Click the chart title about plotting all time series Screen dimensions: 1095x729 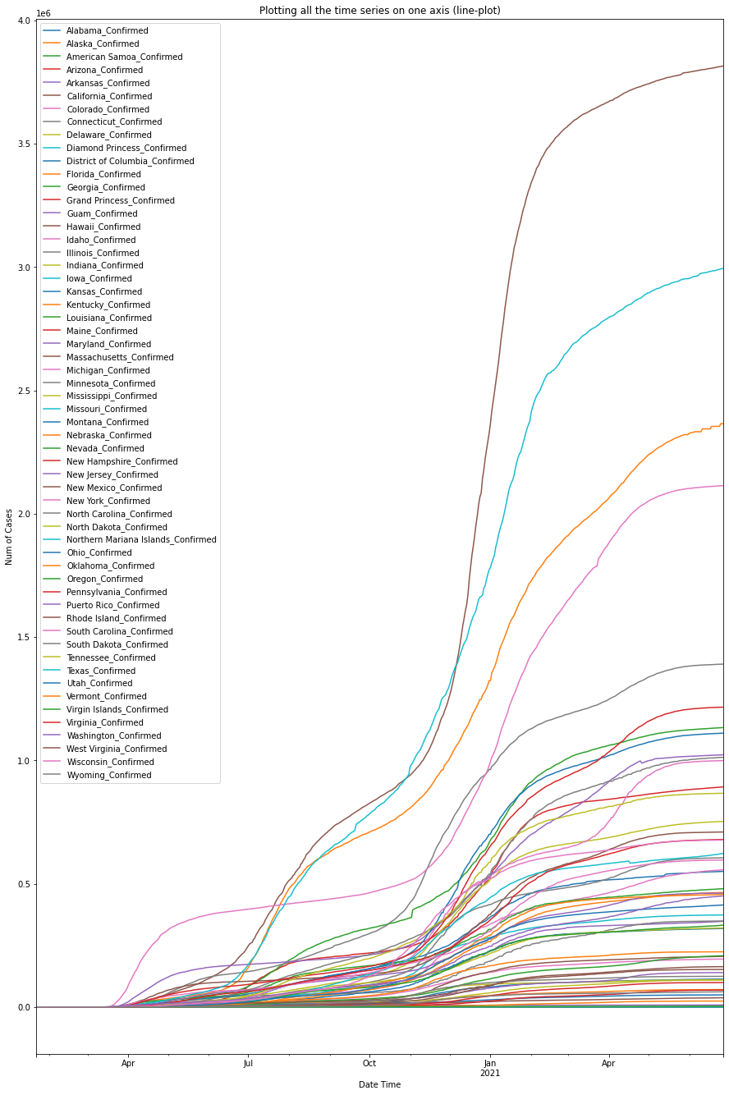coord(380,11)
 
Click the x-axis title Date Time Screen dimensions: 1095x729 coord(380,1084)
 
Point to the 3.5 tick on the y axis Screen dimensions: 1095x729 coord(22,144)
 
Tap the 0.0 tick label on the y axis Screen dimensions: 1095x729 coord(22,1007)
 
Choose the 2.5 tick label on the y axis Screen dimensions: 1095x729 coord(22,391)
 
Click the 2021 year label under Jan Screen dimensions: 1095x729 coord(490,1073)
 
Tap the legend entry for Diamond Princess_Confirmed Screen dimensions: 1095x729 coord(126,149)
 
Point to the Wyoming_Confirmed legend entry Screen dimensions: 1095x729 coord(109,775)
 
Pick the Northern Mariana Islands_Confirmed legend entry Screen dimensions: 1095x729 coord(141,540)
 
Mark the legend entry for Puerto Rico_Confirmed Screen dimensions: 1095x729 coord(113,605)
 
